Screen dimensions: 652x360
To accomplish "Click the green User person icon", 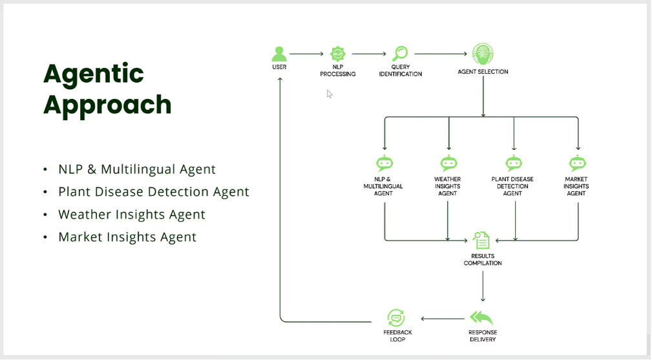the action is pos(279,54).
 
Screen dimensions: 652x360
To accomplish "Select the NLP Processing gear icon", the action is pos(338,54).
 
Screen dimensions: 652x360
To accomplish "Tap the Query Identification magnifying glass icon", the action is pos(401,54).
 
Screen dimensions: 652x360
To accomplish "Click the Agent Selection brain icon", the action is pos(483,54).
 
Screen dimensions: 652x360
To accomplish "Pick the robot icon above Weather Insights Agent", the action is pos(448,164).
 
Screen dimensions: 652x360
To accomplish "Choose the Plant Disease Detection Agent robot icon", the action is pos(514,164).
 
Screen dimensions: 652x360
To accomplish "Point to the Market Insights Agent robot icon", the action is pos(578,164).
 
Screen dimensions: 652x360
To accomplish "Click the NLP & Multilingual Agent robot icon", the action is pos(384,164).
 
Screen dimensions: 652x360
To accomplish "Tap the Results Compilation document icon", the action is pos(481,240).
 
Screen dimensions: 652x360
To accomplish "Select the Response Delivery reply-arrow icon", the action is pos(481,318).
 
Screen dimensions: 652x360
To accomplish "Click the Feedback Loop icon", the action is pos(396,318).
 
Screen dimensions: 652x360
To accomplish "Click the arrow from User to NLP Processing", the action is pos(306,54).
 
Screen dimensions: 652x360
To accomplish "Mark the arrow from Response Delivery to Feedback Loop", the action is pos(443,319).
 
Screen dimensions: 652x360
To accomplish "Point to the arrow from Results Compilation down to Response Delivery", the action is pos(483,286).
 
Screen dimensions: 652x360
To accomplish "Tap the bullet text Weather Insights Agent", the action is pos(132,215).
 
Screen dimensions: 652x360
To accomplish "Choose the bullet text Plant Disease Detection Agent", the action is pos(154,192).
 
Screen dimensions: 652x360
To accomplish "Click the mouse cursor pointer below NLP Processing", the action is pos(330,94).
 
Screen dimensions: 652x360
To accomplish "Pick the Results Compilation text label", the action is pos(483,259).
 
